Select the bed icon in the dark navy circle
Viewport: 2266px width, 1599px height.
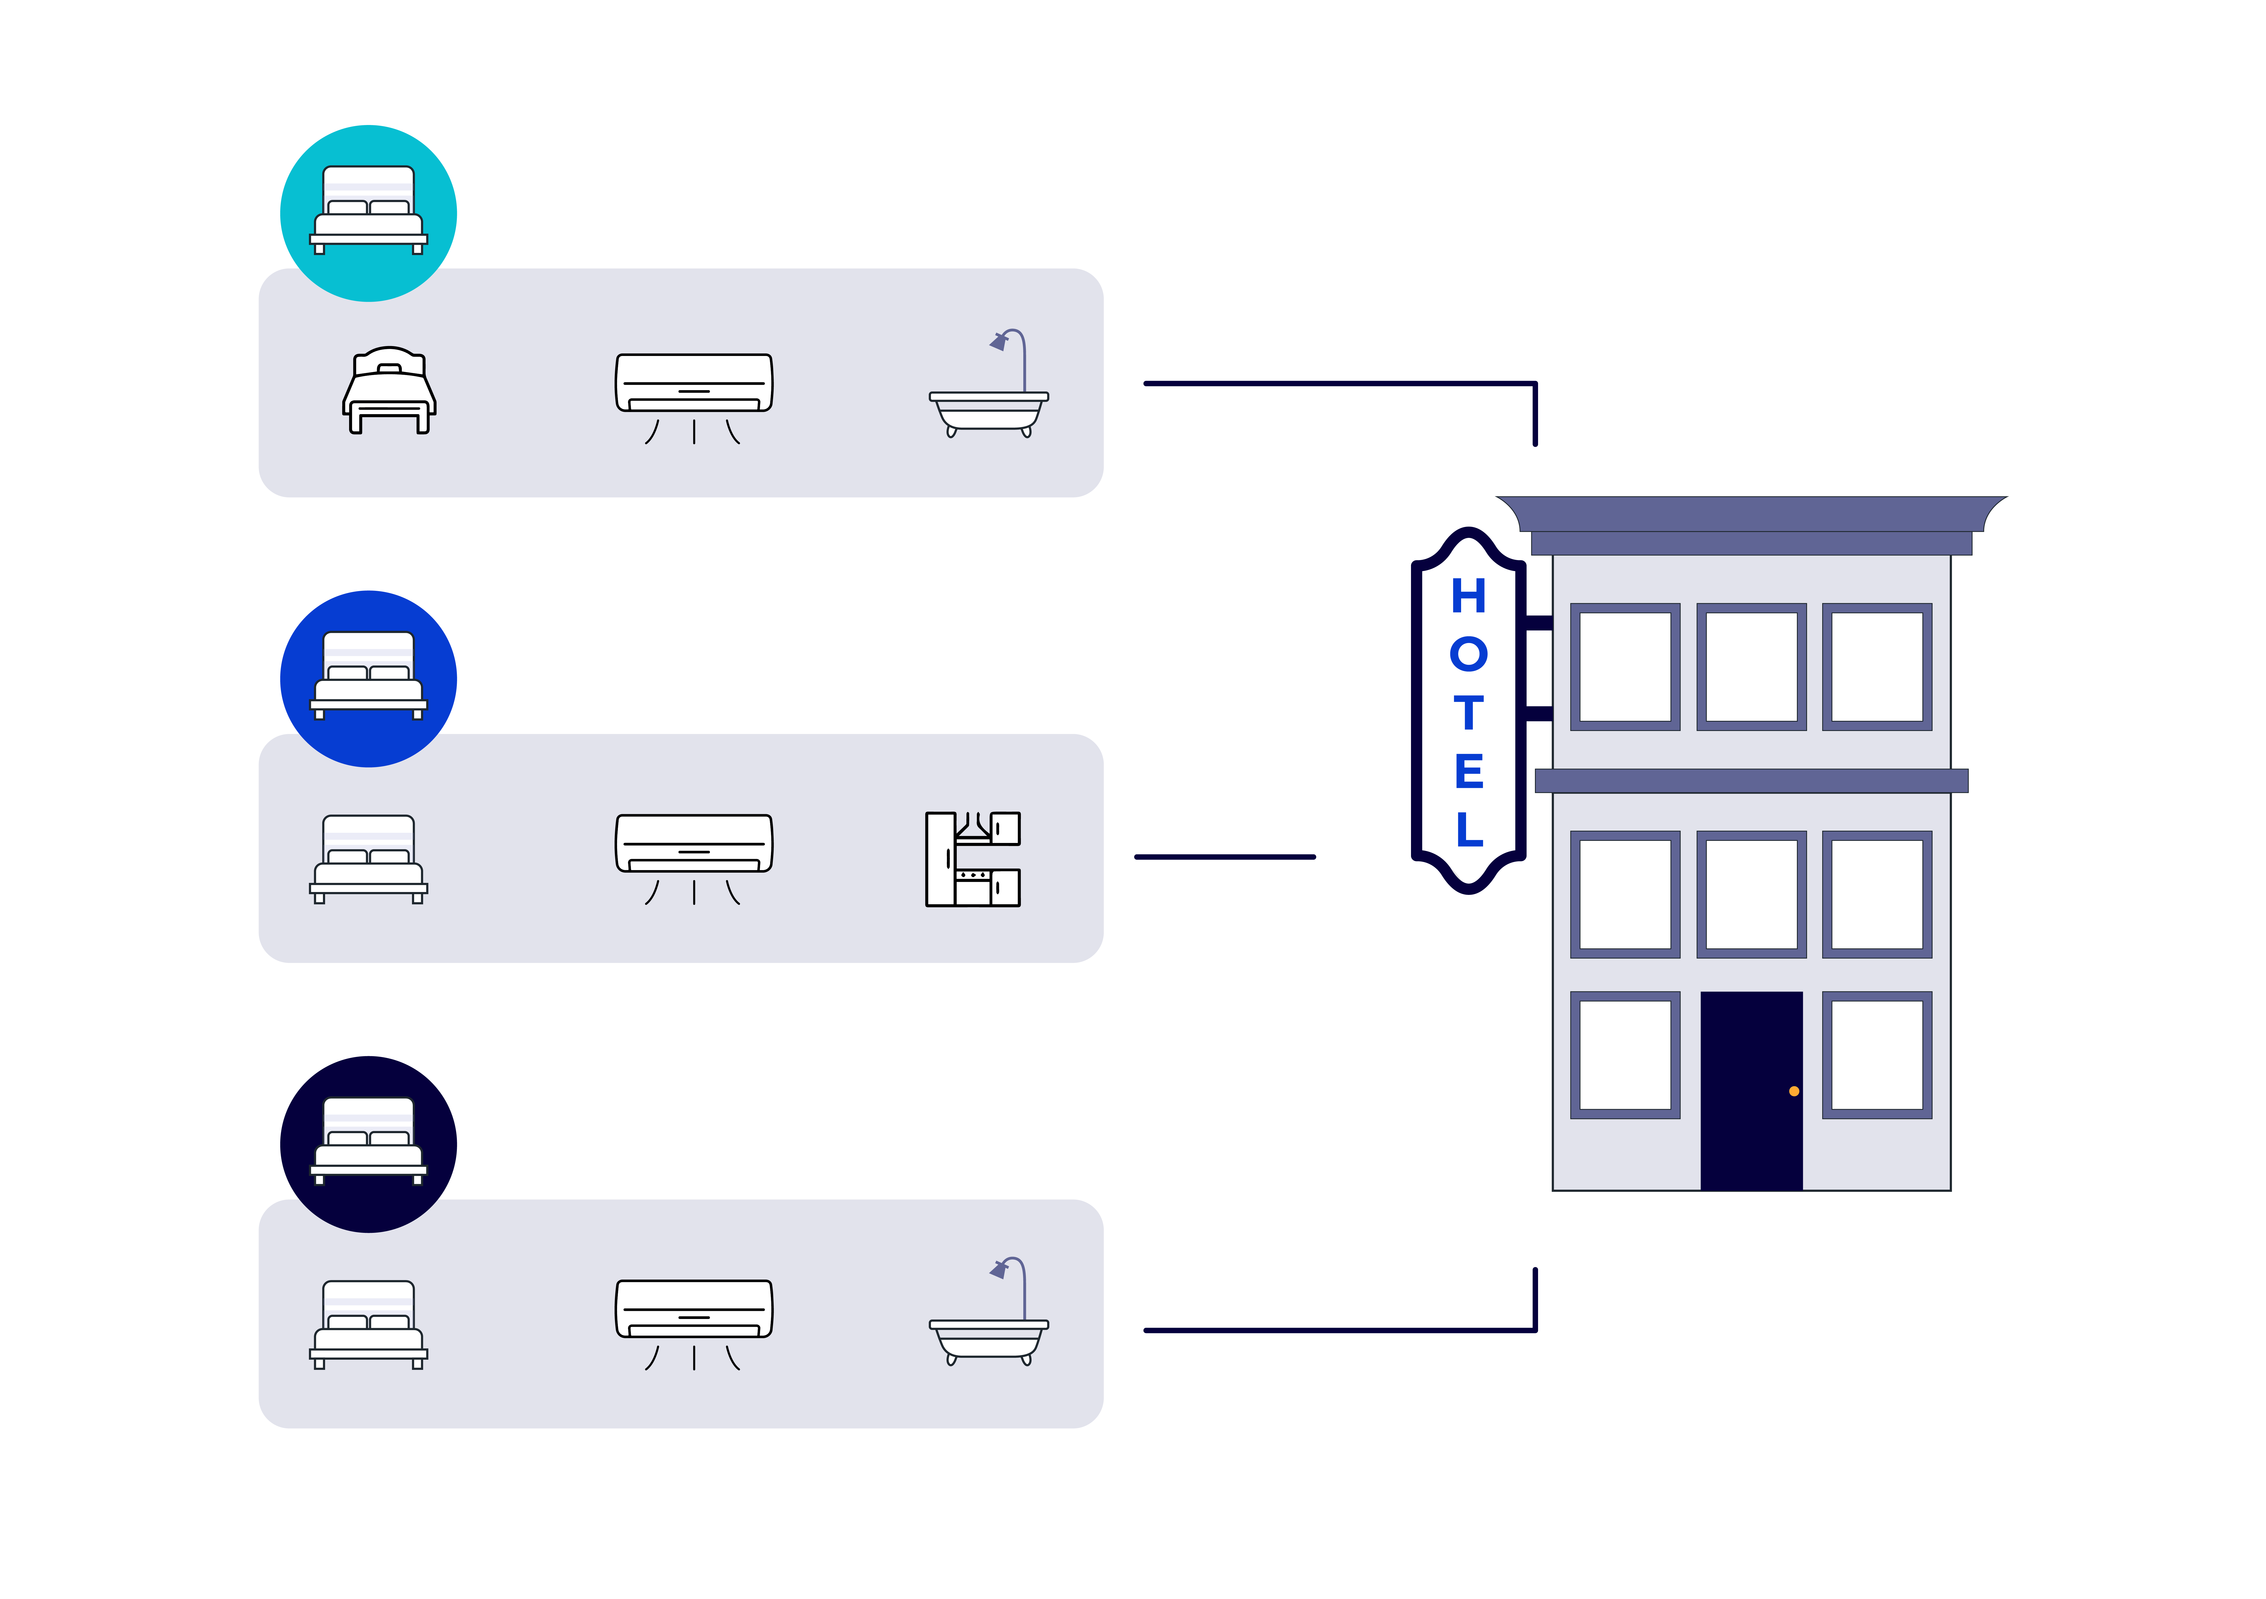368,1141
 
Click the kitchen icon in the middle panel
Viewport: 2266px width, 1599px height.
972,859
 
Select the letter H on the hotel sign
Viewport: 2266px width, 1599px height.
1469,596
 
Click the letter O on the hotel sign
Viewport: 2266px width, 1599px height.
1469,655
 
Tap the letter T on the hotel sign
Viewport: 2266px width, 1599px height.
1469,713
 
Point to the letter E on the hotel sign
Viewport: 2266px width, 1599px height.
1469,771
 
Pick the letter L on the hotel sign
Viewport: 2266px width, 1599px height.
1469,829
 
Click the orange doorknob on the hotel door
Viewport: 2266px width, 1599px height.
1794,1091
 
